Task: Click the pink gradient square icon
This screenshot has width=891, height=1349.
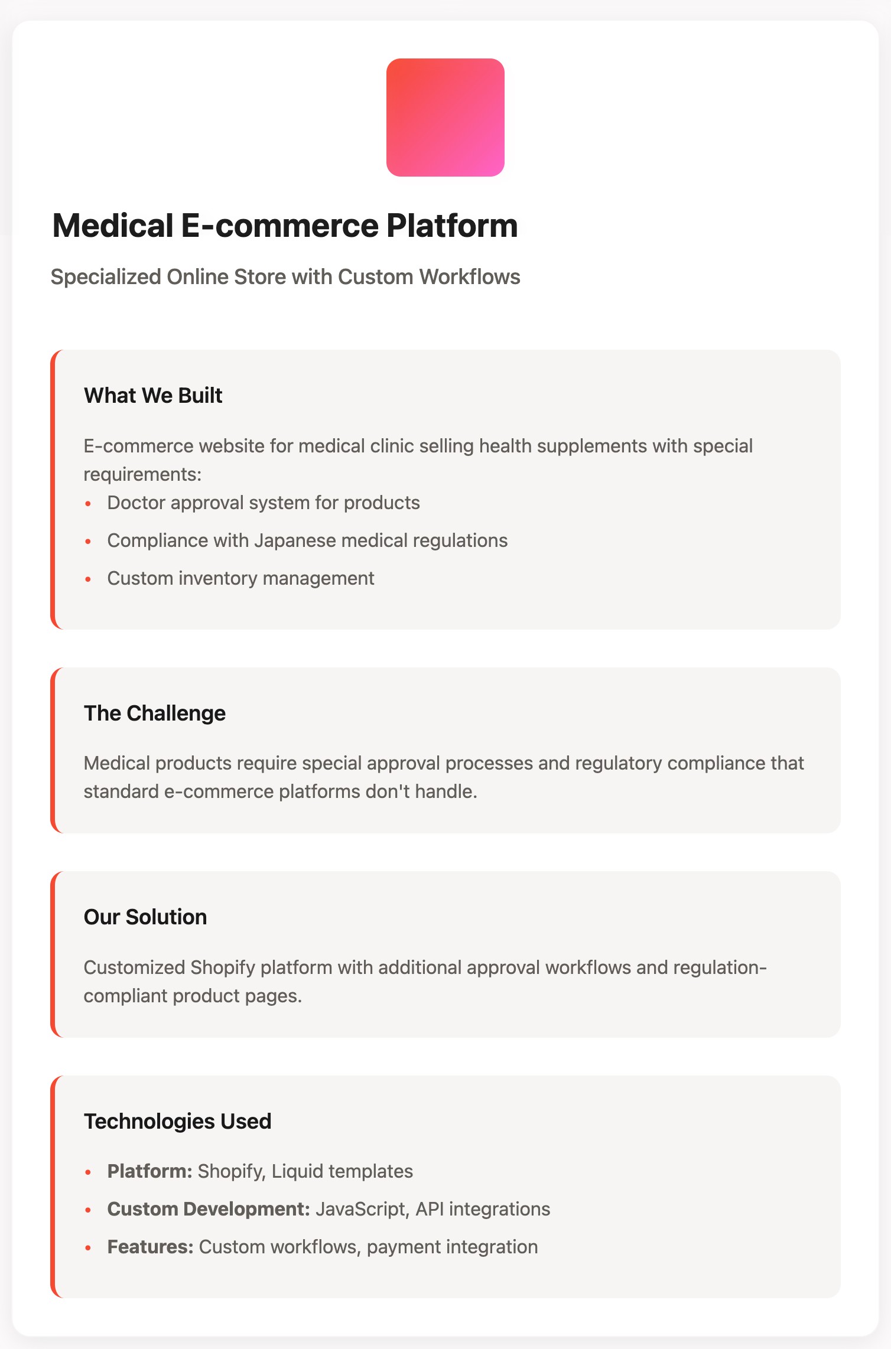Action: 445,118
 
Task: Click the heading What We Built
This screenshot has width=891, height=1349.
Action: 153,396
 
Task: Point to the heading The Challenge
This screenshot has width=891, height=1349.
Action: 154,713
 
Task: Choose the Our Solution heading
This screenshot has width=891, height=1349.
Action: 145,917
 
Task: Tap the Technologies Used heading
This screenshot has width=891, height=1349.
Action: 177,1121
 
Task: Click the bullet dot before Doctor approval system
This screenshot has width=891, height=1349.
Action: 88,504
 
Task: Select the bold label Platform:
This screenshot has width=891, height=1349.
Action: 149,1171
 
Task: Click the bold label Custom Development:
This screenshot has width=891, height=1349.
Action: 209,1209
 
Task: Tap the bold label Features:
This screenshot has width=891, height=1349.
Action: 150,1247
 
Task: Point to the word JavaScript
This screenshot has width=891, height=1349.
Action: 360,1209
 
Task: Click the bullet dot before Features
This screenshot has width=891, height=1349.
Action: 88,1248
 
